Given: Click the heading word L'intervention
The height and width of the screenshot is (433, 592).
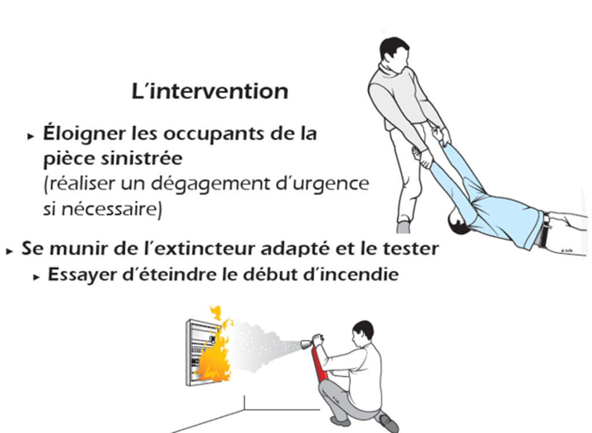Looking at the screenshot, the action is [x=210, y=91].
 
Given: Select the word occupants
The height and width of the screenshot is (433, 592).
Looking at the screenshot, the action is [x=198, y=134].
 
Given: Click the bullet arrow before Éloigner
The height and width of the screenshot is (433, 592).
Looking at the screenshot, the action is [x=31, y=136].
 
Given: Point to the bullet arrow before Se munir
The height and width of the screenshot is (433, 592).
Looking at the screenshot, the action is [x=10, y=251].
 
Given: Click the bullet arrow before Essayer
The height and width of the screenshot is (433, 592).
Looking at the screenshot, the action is [x=36, y=277].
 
